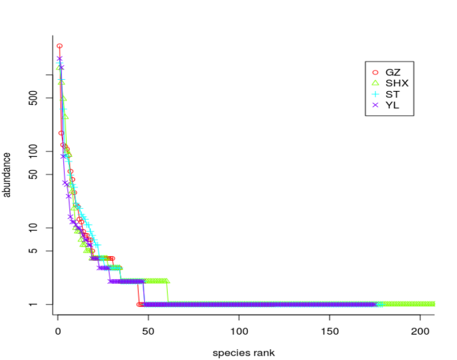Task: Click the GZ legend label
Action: pos(393,72)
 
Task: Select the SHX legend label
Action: pos(397,83)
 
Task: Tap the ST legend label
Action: pos(393,94)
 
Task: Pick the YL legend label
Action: pos(392,105)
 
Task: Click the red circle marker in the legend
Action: pos(376,73)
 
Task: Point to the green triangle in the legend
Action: pos(376,83)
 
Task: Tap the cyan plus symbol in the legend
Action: pos(376,94)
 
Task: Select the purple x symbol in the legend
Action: pos(376,105)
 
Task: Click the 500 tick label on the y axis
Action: pos(34,98)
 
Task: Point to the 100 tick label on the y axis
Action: pos(34,152)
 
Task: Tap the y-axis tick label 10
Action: pos(34,228)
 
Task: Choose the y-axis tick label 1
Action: pos(34,305)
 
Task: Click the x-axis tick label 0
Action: pos(58,332)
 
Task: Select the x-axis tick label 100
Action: pos(239,332)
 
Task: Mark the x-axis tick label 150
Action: pos(329,332)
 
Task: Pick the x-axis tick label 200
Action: pos(420,332)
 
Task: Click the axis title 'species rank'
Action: pos(244,353)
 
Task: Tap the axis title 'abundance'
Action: pos(6,175)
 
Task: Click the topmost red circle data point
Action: pos(60,46)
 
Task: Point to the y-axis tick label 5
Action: pos(34,251)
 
